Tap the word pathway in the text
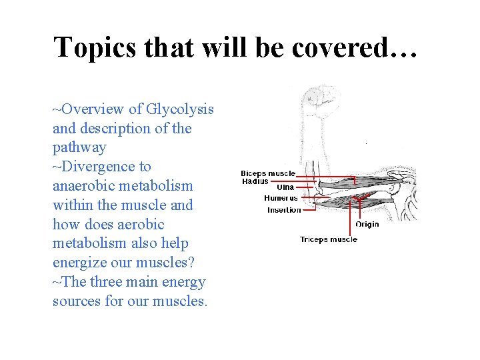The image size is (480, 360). pos(79,147)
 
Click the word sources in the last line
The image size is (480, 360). pos(77,301)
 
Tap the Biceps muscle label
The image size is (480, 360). pos(268,173)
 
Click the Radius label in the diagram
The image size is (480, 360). pos(255,181)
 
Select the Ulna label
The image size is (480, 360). pos(285,188)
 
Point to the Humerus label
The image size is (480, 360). pos(281,198)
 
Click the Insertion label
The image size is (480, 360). pos(284,210)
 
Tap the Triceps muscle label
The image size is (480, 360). pos(328,239)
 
